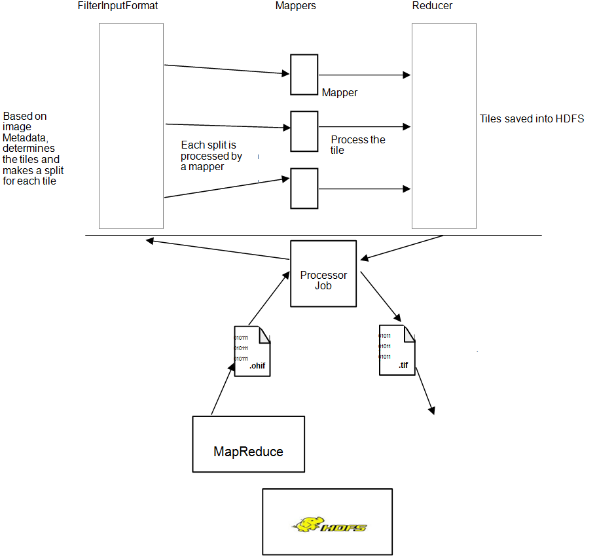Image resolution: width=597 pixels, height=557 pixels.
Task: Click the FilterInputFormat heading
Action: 118,6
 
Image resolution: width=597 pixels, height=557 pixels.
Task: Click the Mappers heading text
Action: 295,6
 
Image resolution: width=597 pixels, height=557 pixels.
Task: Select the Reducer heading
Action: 432,6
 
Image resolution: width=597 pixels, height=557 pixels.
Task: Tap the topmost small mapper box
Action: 304,75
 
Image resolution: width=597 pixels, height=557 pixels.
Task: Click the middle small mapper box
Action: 304,132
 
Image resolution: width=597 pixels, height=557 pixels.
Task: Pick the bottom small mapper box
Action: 304,189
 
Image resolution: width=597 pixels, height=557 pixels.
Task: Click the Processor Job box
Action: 323,274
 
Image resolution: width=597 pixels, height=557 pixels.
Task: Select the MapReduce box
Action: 248,444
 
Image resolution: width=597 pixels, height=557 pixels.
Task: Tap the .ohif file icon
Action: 252,351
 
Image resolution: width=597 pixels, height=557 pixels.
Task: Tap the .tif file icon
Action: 397,350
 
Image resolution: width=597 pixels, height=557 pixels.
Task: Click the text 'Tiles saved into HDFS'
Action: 531,119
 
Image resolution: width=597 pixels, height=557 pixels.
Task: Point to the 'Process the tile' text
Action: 357,145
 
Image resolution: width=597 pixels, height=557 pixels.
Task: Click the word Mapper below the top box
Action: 339,93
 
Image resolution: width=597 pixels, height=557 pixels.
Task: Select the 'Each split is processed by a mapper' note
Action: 211,156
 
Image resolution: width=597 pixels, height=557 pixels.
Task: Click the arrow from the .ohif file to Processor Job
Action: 269,298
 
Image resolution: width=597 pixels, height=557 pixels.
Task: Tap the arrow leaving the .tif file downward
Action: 425,390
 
